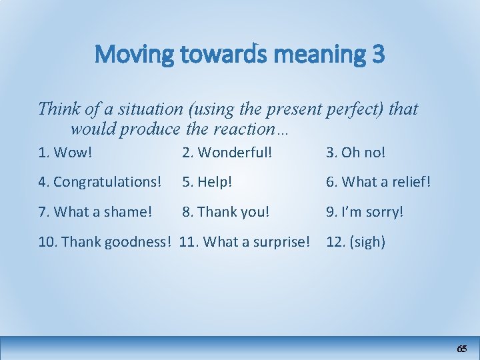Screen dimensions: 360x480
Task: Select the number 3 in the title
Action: point(377,54)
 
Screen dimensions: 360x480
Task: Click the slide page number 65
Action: point(461,349)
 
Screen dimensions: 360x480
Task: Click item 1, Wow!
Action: point(65,152)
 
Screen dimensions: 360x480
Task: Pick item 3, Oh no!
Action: point(355,152)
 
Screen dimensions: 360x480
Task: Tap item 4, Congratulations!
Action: point(100,181)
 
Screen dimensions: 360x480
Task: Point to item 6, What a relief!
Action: point(378,181)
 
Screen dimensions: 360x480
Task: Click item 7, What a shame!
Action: point(95,211)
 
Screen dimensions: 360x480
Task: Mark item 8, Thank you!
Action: point(226,211)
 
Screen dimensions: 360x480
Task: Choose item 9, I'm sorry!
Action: point(365,211)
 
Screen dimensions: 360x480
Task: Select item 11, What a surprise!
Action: point(245,241)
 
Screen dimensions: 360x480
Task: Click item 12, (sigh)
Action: point(355,241)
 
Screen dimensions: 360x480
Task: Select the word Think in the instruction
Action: point(57,108)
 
